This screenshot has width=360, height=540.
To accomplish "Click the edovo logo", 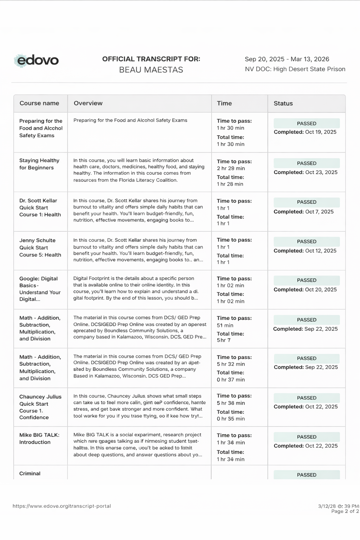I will (x=37, y=60).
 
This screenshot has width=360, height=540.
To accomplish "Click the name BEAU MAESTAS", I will (x=151, y=70).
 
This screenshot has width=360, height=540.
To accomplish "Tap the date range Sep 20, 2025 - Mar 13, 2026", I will (x=287, y=59).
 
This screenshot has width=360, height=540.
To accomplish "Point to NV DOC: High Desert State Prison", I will (x=295, y=69).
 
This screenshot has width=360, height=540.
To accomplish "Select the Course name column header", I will (x=39, y=103).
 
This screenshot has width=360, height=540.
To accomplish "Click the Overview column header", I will (x=88, y=103).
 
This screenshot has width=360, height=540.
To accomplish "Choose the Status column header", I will (x=283, y=103).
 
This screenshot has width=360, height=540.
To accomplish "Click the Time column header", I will (x=224, y=103).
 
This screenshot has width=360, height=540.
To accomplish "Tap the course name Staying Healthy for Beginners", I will (x=39, y=164).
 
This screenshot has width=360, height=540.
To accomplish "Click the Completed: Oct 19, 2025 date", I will (x=305, y=132).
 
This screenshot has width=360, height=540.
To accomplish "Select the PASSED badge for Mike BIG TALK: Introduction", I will (x=307, y=437).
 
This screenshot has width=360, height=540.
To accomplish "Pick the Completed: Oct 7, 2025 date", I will (x=304, y=212).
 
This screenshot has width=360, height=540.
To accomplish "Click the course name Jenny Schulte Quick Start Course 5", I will (x=40, y=247).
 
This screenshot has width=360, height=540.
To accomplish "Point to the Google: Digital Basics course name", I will (x=40, y=289).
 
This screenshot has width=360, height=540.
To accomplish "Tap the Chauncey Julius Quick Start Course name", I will (x=40, y=407).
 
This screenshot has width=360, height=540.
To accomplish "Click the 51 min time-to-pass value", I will (x=225, y=325).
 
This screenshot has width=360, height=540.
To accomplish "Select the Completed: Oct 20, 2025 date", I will (x=305, y=289).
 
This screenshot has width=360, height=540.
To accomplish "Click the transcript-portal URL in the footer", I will (x=62, y=506).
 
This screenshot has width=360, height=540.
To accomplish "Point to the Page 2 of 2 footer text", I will (x=345, y=511).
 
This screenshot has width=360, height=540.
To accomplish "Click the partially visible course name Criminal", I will (x=30, y=474).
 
